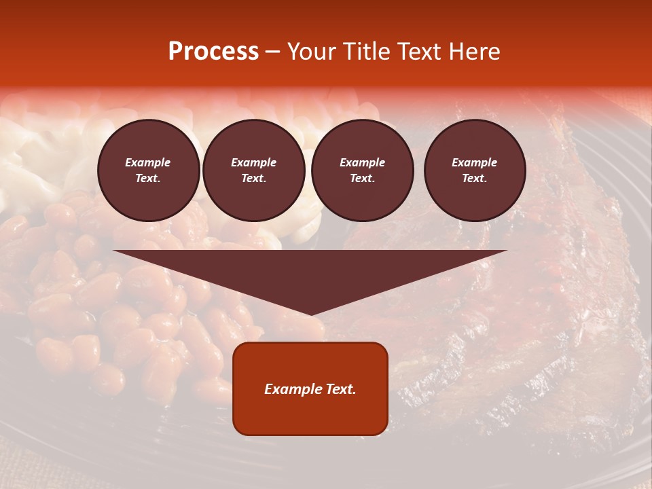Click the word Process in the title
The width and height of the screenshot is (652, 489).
(x=213, y=52)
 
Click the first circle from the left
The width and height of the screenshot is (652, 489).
(x=148, y=170)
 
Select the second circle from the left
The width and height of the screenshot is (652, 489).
(x=253, y=170)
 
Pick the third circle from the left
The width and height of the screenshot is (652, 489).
(x=362, y=170)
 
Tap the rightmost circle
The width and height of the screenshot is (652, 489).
(x=475, y=170)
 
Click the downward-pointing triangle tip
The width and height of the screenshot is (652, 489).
(x=310, y=313)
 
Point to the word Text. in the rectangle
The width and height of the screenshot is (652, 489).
(x=341, y=389)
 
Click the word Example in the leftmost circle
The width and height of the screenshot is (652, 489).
(x=148, y=162)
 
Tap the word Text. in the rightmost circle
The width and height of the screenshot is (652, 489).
(x=475, y=178)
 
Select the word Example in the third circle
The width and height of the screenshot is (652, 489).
(x=362, y=162)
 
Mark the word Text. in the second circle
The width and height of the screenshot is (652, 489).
(x=253, y=178)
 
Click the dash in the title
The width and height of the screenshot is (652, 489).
(x=272, y=52)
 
